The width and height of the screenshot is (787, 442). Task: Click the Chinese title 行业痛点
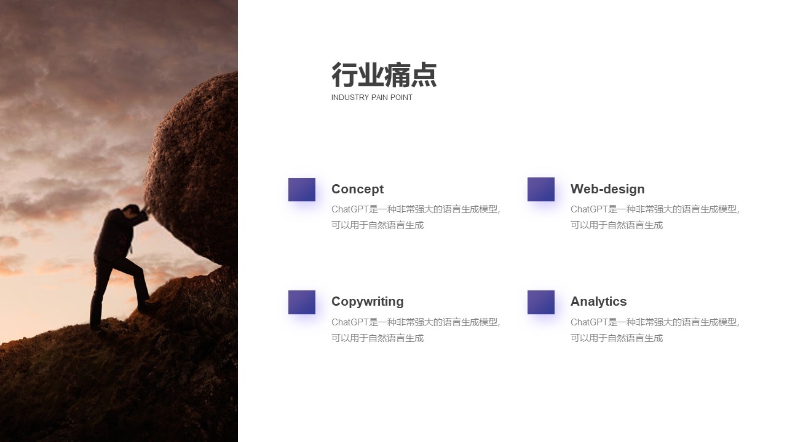coord(384,75)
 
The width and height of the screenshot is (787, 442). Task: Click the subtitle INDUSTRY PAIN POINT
coord(372,98)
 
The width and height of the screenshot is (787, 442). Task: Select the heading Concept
coord(357,189)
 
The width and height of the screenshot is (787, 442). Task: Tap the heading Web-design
coord(607,189)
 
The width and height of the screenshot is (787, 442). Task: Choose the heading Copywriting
coord(368,301)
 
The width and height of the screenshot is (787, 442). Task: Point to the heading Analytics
coord(598,301)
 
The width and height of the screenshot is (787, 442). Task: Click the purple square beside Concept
coord(302,190)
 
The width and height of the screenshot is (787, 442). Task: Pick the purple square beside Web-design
coord(541,190)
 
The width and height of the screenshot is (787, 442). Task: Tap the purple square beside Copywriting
coord(302,303)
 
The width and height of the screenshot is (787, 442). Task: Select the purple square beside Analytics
coord(541,303)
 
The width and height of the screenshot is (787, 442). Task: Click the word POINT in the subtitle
coord(401,98)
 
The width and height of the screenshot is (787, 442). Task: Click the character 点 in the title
coord(424,75)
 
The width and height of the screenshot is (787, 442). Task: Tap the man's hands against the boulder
coord(144,210)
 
